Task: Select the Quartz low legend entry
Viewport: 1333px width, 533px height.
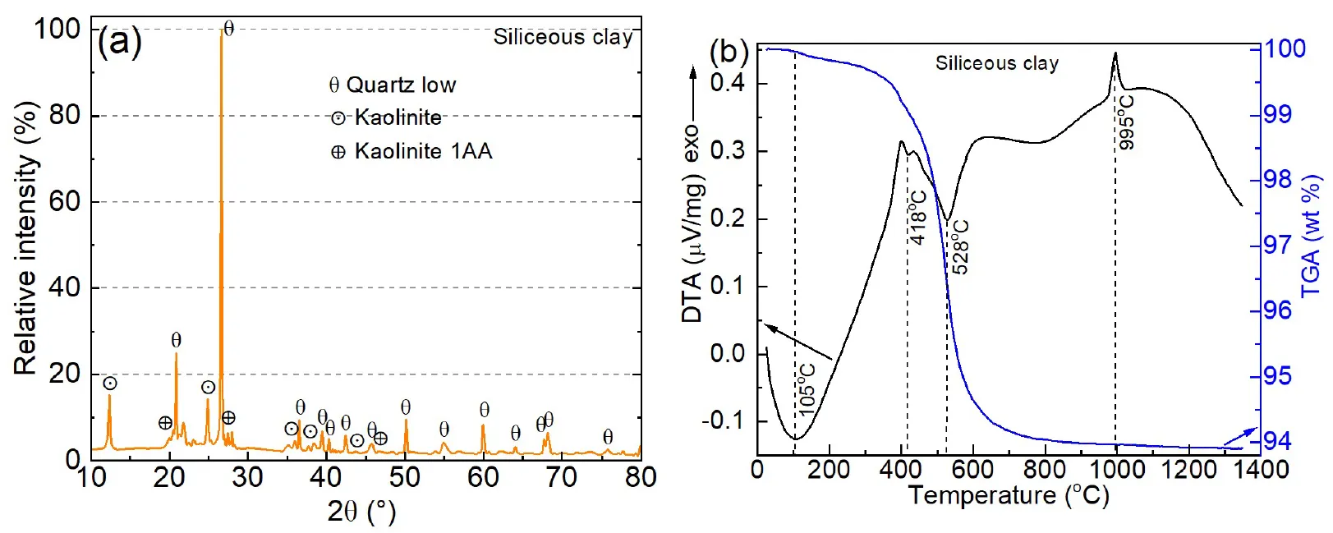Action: point(393,85)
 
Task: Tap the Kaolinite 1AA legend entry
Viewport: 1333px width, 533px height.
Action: point(411,152)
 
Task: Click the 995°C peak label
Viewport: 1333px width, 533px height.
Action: point(1127,122)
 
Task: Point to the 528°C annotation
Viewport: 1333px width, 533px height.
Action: point(959,246)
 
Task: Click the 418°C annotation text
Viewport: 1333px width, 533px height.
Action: point(918,218)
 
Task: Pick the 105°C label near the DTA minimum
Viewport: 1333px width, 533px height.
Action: point(807,387)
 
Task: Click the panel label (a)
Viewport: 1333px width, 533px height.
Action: point(119,40)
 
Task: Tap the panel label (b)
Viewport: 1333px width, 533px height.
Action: point(729,53)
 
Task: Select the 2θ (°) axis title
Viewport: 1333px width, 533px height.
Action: point(361,512)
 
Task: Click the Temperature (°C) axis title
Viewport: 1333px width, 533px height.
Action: point(1009,496)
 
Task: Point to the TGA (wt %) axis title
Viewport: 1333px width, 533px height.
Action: point(1312,237)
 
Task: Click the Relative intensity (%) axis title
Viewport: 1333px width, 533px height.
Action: point(26,238)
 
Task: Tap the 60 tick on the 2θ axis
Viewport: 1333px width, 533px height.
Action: point(483,477)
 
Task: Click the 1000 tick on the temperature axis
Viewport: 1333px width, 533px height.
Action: point(1116,470)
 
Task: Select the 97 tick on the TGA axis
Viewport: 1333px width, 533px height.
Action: point(1277,245)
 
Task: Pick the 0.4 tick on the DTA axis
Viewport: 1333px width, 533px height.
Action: point(727,83)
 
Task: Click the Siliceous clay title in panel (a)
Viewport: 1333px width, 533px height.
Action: point(563,38)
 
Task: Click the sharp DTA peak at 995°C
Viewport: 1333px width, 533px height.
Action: point(1115,54)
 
